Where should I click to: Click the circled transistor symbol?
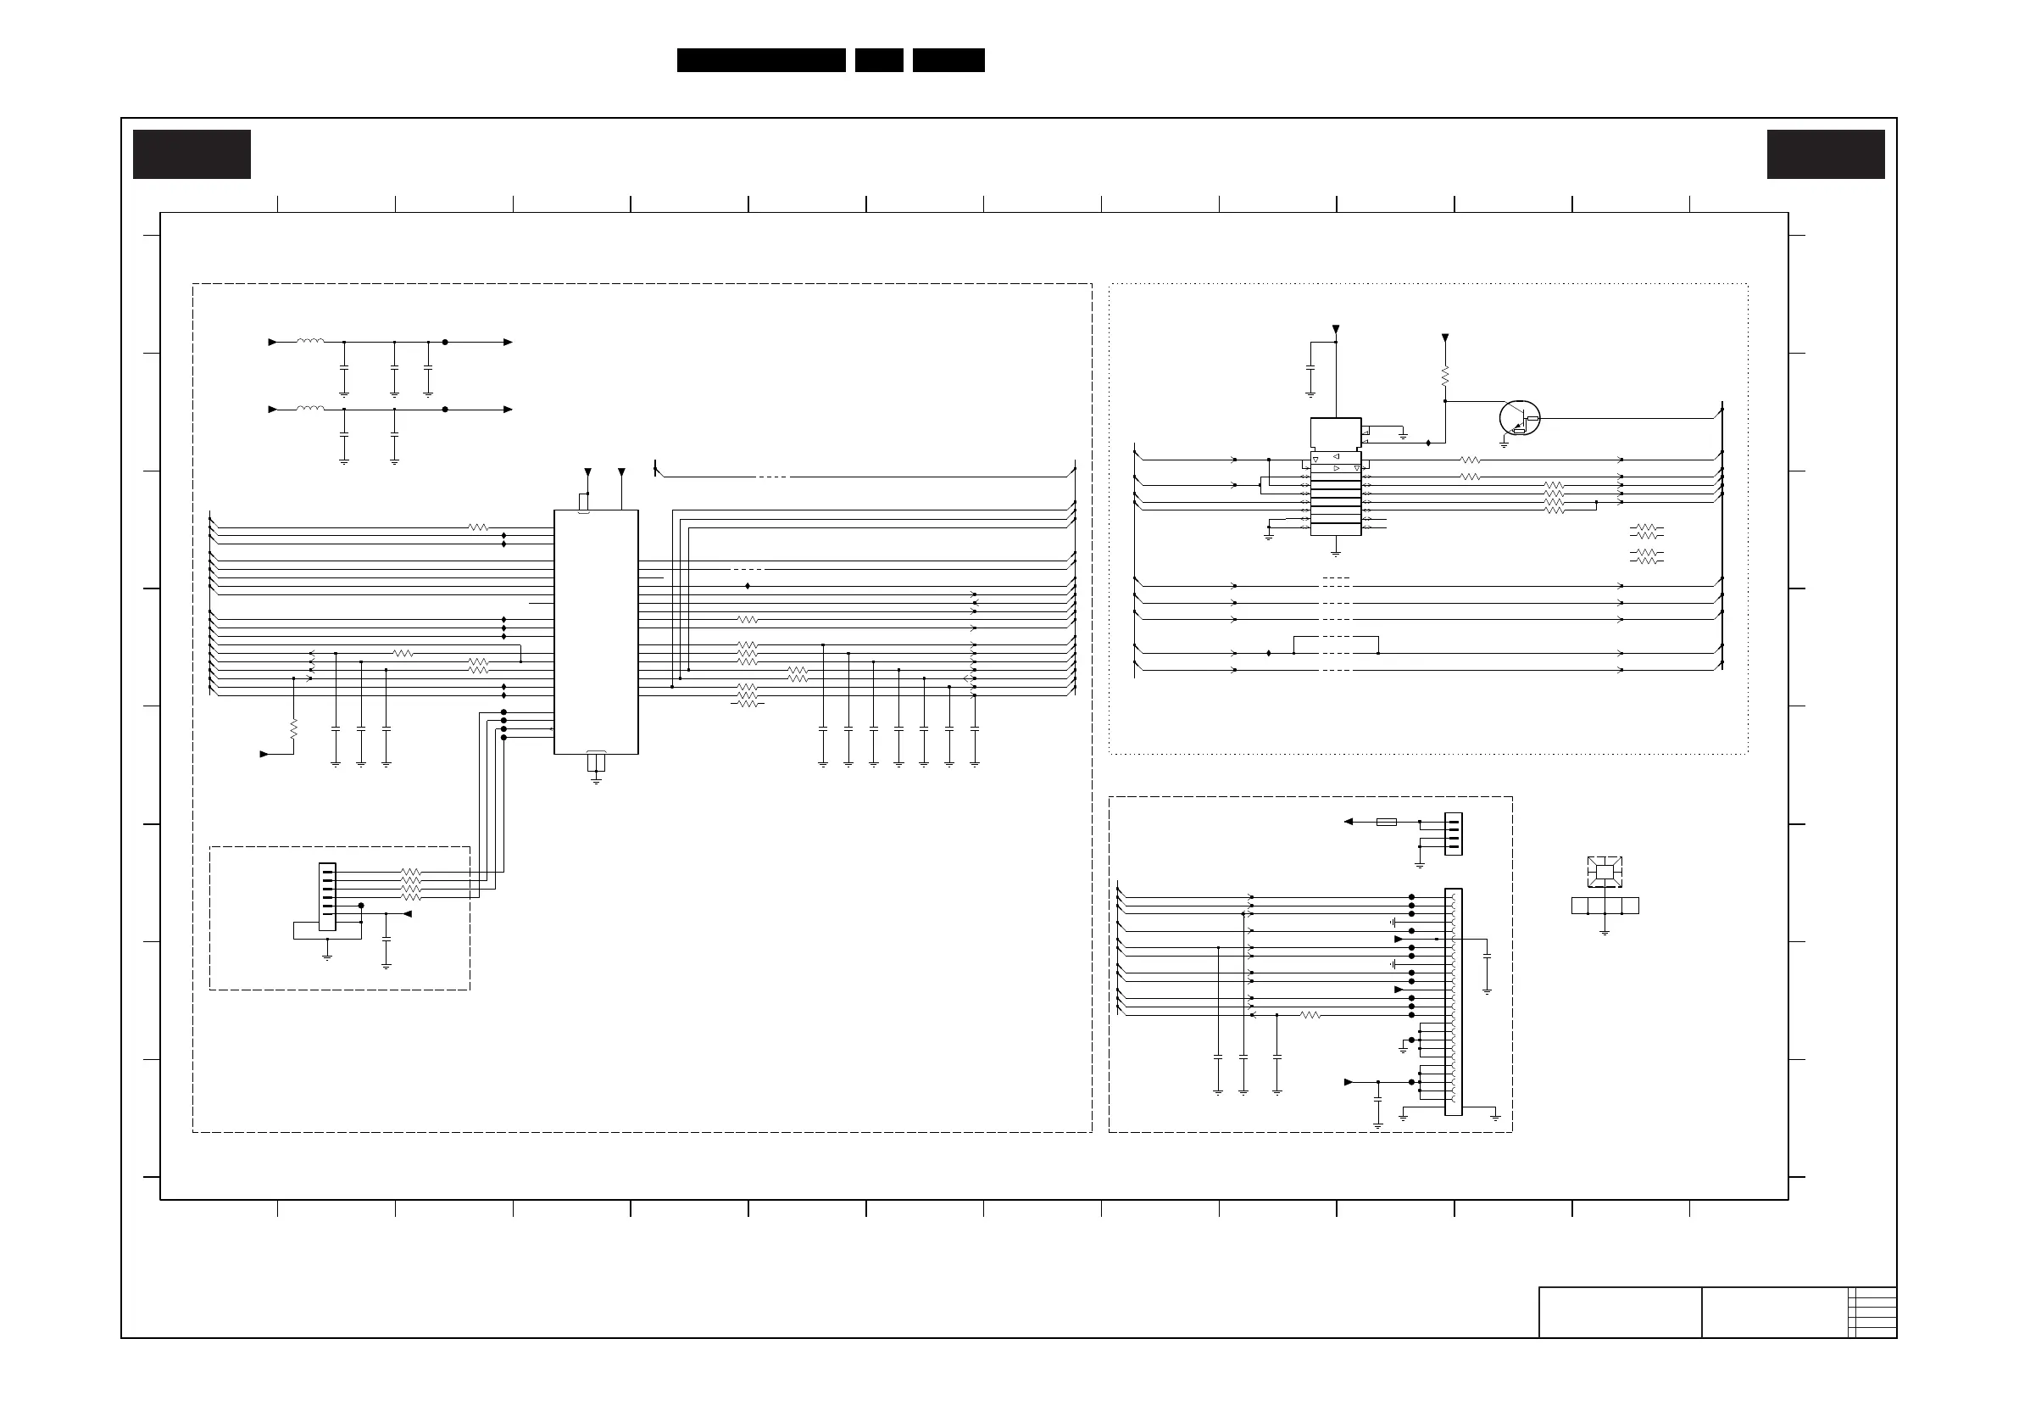(1519, 418)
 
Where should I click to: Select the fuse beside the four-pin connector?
(1386, 822)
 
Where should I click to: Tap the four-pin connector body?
(1453, 834)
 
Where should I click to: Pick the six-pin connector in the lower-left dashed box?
(327, 895)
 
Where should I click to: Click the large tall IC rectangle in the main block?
(595, 632)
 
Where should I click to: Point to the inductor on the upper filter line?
(309, 342)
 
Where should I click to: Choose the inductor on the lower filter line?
(309, 409)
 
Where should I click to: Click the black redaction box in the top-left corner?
(192, 154)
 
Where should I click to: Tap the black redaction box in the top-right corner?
(1826, 154)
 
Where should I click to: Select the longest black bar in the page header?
(760, 60)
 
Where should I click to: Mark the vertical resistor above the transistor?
(1445, 376)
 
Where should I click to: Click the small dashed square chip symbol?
(1604, 872)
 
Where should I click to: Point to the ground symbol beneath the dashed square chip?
(1604, 931)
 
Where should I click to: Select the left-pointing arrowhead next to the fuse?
(1348, 822)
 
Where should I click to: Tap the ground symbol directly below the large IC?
(596, 779)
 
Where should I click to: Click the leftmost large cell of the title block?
(1620, 1312)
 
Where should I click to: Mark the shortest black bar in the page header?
(878, 60)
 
